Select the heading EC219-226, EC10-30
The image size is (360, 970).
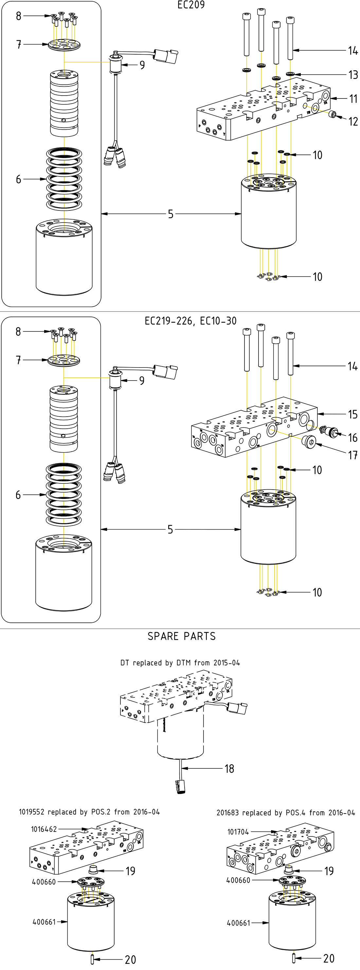(x=190, y=321)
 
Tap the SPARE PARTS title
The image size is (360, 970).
(x=182, y=637)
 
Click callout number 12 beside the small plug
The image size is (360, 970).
(x=353, y=122)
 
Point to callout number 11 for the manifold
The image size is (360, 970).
(x=353, y=99)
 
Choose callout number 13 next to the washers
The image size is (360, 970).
(x=353, y=75)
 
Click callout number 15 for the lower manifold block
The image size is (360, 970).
(x=352, y=415)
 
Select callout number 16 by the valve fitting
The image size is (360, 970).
(x=352, y=438)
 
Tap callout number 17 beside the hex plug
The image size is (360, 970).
(x=352, y=455)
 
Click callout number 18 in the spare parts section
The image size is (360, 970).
(x=229, y=768)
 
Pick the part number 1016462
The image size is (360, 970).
(x=44, y=829)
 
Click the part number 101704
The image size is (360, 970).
(x=238, y=832)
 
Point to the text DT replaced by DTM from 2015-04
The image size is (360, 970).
(x=180, y=663)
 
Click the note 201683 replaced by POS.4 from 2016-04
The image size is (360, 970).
(x=285, y=813)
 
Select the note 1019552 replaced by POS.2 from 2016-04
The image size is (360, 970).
(x=89, y=812)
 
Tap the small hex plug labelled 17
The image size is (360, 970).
(x=308, y=440)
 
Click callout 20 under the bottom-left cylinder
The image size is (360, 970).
(x=130, y=960)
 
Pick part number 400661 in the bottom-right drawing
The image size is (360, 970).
(x=238, y=923)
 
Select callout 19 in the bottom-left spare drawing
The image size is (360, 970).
(x=130, y=871)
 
